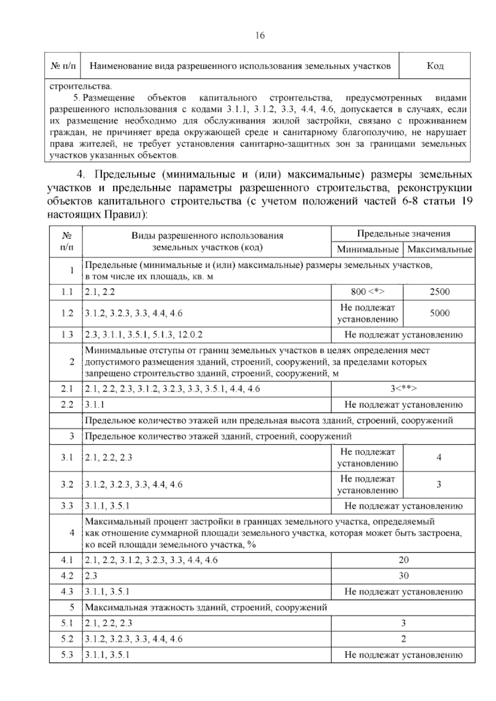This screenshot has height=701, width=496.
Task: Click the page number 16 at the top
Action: click(x=260, y=36)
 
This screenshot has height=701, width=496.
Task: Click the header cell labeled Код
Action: click(x=435, y=66)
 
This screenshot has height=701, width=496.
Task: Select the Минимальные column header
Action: click(x=367, y=250)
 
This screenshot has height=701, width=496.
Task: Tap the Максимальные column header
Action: click(x=439, y=250)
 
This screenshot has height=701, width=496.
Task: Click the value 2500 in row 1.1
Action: click(x=439, y=292)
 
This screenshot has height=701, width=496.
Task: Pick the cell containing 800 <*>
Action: click(x=367, y=292)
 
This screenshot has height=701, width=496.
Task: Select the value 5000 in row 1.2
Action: click(x=439, y=313)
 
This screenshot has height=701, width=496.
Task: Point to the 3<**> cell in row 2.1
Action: click(x=403, y=389)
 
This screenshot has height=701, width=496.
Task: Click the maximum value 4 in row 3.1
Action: click(x=439, y=458)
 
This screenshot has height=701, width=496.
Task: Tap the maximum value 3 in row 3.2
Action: click(x=439, y=484)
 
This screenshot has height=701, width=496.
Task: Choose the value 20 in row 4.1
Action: click(x=403, y=560)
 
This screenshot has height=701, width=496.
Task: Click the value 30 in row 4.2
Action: click(x=403, y=576)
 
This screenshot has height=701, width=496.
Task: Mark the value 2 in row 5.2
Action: click(x=403, y=639)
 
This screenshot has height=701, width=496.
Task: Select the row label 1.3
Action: click(x=67, y=335)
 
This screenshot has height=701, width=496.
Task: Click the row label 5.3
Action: click(x=67, y=655)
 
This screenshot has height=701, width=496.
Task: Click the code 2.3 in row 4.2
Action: click(x=91, y=576)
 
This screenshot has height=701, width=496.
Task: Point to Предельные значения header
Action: click(x=403, y=234)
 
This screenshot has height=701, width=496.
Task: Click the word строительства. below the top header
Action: click(x=81, y=87)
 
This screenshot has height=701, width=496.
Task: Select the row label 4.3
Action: click(x=67, y=591)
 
